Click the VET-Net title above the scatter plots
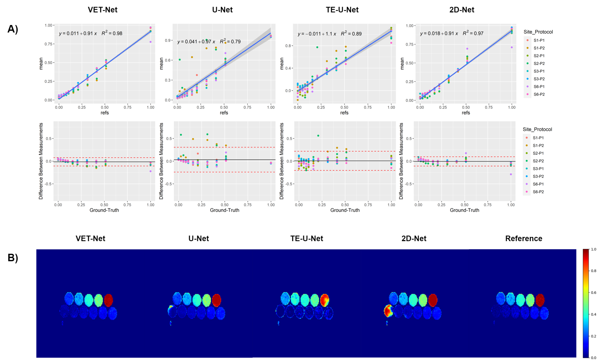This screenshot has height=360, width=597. (x=102, y=10)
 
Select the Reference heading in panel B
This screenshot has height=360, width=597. (x=523, y=238)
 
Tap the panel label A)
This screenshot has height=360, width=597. (x=13, y=29)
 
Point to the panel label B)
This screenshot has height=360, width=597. (x=13, y=258)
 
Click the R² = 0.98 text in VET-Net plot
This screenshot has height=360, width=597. (x=112, y=33)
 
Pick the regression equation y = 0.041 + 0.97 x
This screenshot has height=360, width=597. (x=196, y=42)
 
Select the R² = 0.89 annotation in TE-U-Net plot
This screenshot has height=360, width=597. (x=351, y=34)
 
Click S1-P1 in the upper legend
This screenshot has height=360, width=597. (x=539, y=40)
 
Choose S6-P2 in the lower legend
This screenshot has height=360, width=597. (x=538, y=192)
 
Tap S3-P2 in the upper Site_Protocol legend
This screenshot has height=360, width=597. (x=539, y=79)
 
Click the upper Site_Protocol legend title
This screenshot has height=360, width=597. (x=538, y=32)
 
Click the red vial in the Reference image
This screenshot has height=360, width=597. (x=540, y=300)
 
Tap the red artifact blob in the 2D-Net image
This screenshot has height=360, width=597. (x=388, y=311)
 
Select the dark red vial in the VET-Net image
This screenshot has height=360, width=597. (x=108, y=300)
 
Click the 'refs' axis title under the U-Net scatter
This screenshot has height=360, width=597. (x=224, y=113)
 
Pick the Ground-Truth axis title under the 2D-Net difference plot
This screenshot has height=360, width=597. (x=464, y=210)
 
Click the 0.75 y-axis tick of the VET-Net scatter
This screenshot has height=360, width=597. (x=49, y=44)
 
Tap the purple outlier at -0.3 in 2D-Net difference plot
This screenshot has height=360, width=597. (x=511, y=174)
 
